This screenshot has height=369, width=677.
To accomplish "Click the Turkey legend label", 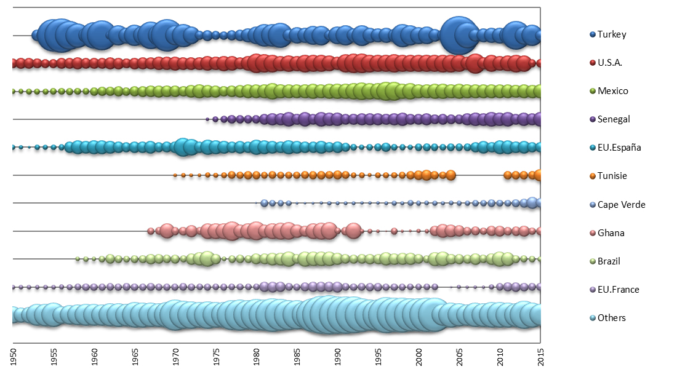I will (x=612, y=34).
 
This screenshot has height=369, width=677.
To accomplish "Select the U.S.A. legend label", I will (x=611, y=63).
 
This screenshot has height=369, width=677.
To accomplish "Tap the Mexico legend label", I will (x=613, y=91).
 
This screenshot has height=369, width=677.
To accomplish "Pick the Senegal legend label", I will (x=614, y=119).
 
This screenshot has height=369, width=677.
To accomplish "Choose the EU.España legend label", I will (x=619, y=148).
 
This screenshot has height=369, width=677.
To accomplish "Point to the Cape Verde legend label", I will (x=621, y=204).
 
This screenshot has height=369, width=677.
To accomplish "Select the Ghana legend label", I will (x=611, y=232).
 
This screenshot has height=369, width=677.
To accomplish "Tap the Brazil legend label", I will (x=609, y=261).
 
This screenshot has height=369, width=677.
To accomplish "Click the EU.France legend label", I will (x=619, y=289).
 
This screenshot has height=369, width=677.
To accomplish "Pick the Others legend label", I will (x=612, y=317).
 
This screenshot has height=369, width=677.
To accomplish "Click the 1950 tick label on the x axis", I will (x=13, y=357).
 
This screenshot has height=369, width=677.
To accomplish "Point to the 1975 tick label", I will (x=216, y=357).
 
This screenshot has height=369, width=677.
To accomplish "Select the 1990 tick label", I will (x=338, y=357).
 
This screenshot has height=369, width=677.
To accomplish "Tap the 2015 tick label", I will (x=541, y=357).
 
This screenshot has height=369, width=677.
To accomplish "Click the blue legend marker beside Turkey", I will (x=593, y=34).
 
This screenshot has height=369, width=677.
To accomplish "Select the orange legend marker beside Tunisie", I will (x=593, y=176).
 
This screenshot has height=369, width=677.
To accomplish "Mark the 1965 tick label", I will (x=135, y=357).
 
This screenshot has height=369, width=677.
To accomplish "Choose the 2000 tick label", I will (x=419, y=357).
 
